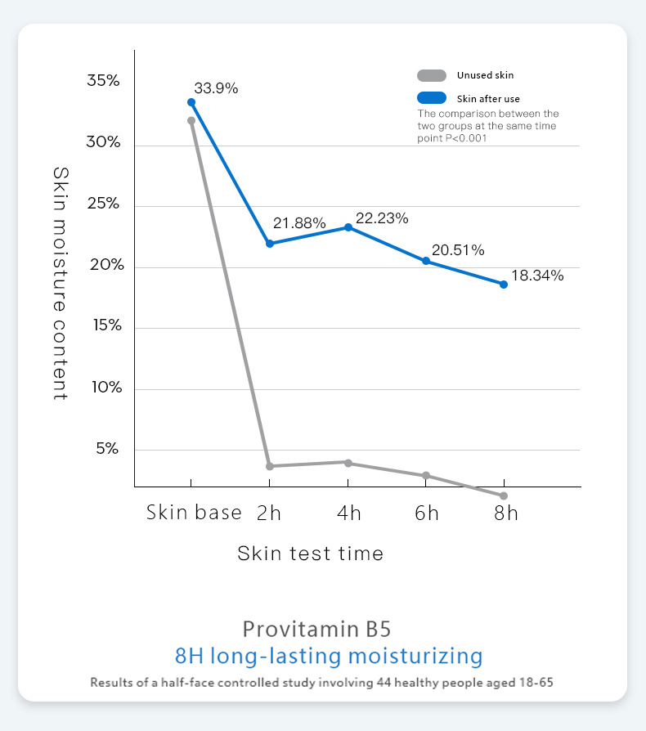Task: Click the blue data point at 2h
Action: [x=270, y=244]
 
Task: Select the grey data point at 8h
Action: [x=504, y=496]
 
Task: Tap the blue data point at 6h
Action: [x=426, y=261]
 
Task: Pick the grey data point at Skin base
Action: [x=191, y=120]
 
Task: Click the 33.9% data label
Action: [x=216, y=88]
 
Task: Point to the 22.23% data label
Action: [x=382, y=218]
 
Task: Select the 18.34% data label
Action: [x=537, y=276]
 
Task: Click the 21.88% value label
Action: [x=299, y=223]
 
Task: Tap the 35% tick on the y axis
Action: [x=104, y=81]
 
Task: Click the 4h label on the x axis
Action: [x=349, y=513]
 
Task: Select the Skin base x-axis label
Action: [x=194, y=513]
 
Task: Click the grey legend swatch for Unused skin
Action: [x=431, y=75]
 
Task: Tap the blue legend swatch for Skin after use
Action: [x=431, y=98]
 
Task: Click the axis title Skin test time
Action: [x=310, y=554]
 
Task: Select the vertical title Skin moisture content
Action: [x=61, y=283]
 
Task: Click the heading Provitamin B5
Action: [x=316, y=629]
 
